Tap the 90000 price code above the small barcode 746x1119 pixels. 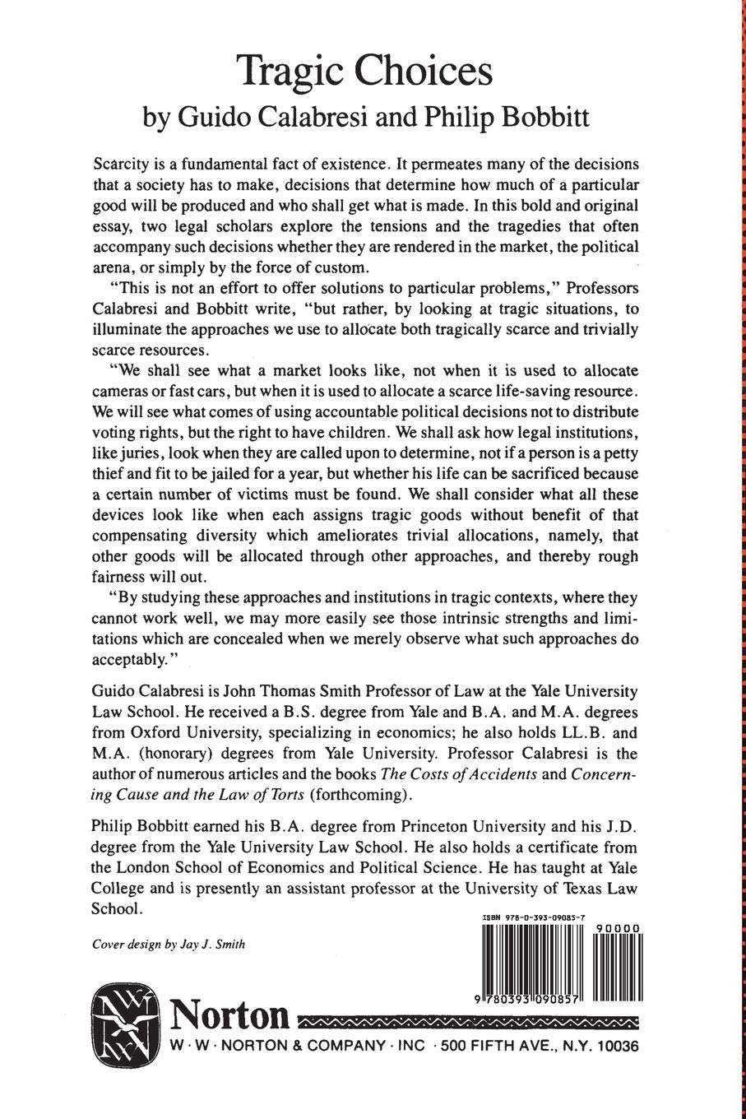[618, 927]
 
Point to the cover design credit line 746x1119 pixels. [169, 945]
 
